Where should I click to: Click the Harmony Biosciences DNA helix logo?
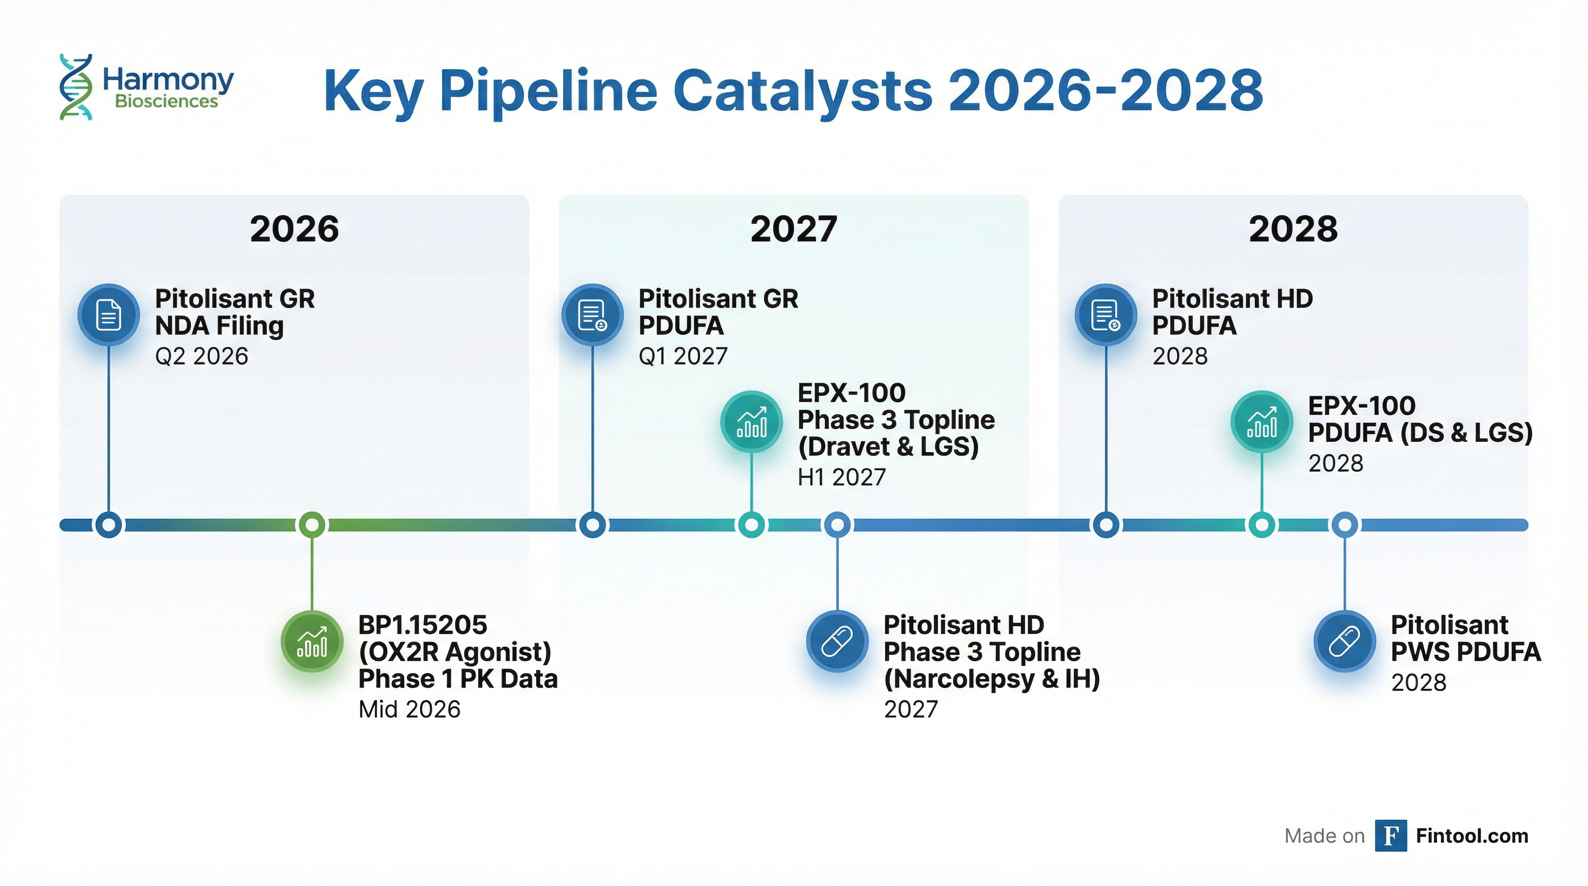76,87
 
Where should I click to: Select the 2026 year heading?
294,229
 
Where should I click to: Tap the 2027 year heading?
793,229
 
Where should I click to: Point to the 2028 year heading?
1293,229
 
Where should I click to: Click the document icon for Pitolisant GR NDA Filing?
108,314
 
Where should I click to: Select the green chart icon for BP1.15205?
312,642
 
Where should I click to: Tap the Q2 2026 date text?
201,356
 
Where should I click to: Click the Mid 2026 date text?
409,709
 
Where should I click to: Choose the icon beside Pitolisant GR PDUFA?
593,314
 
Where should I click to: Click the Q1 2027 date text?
683,356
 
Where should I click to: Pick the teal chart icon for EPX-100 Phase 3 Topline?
751,422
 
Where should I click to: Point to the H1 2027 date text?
841,477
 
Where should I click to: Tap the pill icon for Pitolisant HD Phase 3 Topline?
837,641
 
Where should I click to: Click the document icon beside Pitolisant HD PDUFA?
1106,314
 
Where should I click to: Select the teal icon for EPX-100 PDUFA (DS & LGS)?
1262,422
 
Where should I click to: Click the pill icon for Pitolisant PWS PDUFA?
1344,641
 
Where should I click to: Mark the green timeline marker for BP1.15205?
312,525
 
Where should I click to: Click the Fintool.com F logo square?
1391,836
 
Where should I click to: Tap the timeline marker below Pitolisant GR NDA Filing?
109,525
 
